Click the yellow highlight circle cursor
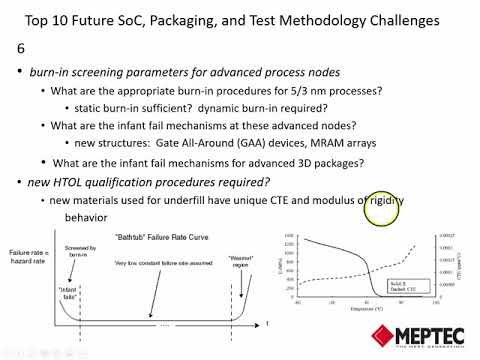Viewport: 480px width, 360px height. [383, 209]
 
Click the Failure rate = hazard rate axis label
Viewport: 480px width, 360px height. [25, 259]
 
